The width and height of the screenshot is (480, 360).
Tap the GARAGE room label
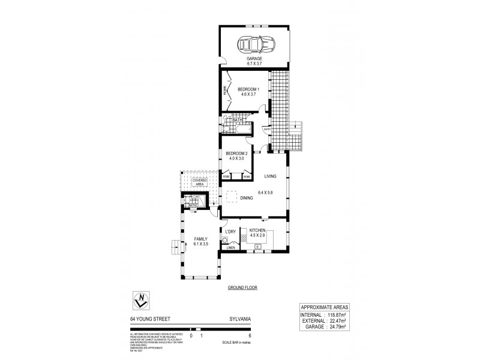[254, 58]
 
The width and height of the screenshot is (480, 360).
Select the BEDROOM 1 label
[247, 89]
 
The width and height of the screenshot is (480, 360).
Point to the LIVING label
[269, 176]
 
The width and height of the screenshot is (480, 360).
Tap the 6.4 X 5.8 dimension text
[265, 192]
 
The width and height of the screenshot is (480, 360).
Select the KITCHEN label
[257, 230]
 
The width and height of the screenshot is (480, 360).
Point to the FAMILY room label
[200, 239]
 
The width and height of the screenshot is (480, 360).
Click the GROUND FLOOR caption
[242, 288]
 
